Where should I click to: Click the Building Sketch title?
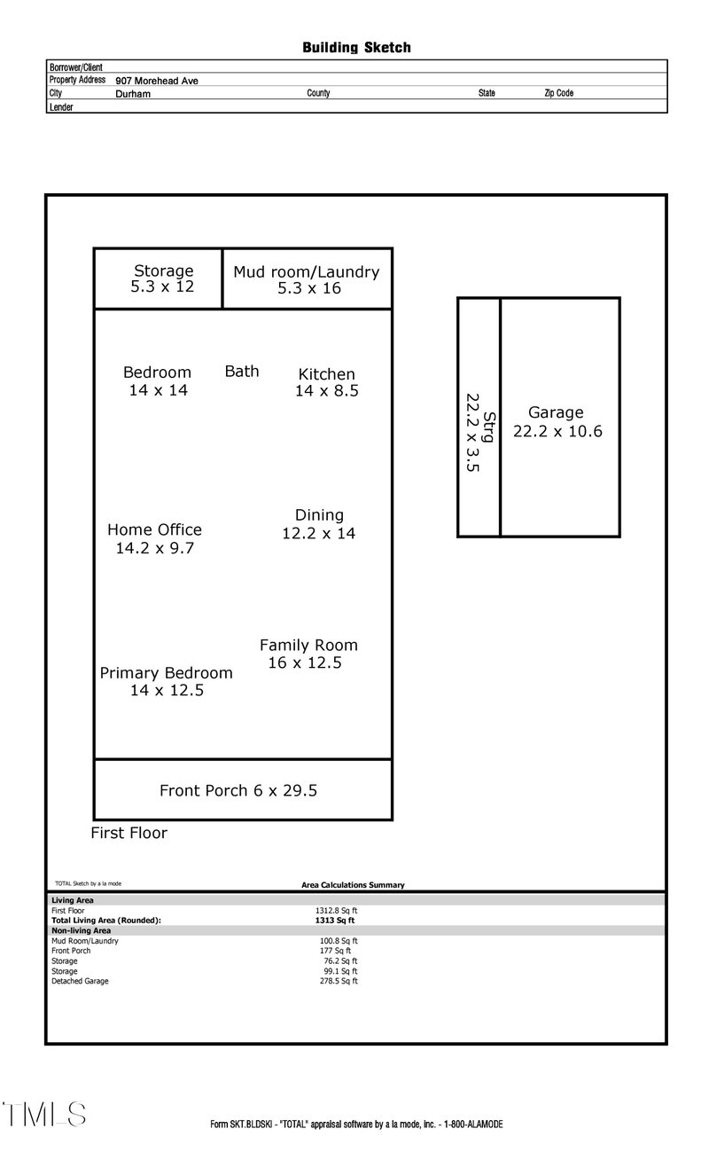(x=356, y=48)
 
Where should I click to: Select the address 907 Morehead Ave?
(x=157, y=81)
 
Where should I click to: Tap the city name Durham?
(x=133, y=93)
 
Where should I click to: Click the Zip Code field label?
(x=558, y=93)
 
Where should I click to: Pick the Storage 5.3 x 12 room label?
(x=163, y=278)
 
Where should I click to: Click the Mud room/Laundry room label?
(x=306, y=272)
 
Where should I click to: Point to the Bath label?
(x=242, y=371)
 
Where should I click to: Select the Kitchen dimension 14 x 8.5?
(x=327, y=391)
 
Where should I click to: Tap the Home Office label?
(x=154, y=529)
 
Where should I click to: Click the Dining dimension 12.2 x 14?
(x=318, y=533)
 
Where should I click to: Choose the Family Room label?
(x=308, y=646)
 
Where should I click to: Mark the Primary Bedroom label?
(x=166, y=673)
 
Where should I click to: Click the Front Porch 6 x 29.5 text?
(x=238, y=790)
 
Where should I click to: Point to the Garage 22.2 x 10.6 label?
(x=557, y=422)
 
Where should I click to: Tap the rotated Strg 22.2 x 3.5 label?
(x=479, y=432)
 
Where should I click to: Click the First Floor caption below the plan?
(x=129, y=833)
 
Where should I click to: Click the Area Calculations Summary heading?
(x=353, y=885)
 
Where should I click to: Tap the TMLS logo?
(x=43, y=1115)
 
